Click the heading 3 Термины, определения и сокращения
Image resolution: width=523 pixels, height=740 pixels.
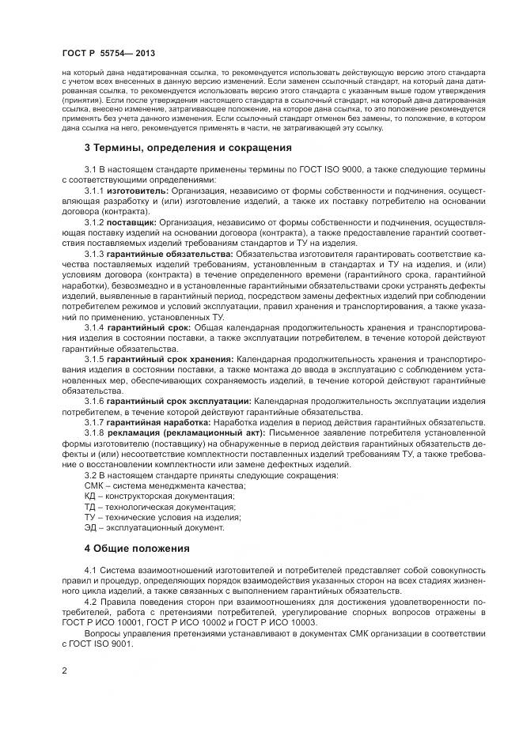click(188, 148)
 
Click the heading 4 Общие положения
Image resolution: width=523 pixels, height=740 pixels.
click(137, 548)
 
